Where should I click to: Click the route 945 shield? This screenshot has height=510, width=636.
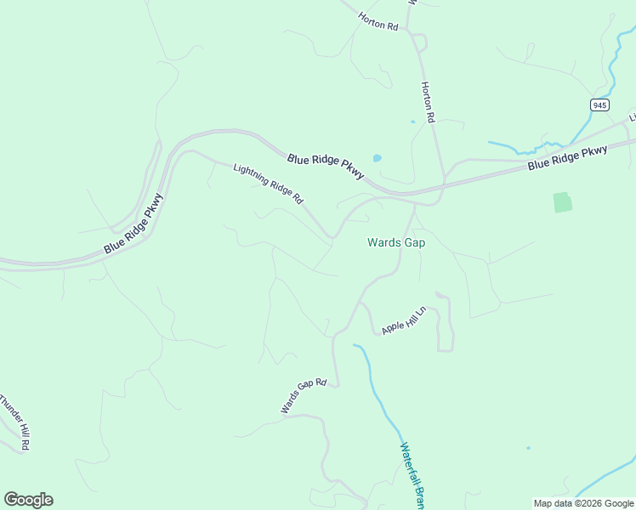click(599, 105)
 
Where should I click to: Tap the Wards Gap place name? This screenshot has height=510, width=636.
click(395, 242)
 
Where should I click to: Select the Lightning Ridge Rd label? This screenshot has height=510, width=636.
click(268, 184)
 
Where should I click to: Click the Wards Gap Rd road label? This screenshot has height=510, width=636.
click(304, 396)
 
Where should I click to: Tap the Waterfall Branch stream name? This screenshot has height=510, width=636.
click(412, 474)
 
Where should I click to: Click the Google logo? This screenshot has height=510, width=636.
click(28, 500)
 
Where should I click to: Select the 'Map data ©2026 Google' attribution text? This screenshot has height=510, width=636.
click(583, 503)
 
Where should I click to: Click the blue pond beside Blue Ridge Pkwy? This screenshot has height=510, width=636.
click(377, 158)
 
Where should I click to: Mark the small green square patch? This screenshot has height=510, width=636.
click(562, 202)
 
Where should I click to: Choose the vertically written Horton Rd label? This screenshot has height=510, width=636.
click(429, 102)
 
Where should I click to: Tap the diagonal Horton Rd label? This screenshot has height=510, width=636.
click(378, 21)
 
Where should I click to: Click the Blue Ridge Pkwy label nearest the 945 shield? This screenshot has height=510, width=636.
click(567, 158)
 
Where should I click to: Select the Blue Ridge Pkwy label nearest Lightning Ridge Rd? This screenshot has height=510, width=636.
click(326, 166)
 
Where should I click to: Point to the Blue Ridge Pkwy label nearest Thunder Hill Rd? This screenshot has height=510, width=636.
click(133, 224)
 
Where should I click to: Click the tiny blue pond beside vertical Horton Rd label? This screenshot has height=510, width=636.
click(413, 122)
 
